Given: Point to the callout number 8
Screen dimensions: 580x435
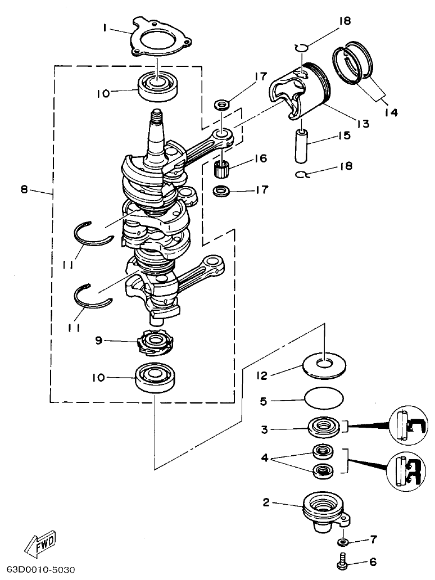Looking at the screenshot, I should pyautogui.click(x=24, y=189).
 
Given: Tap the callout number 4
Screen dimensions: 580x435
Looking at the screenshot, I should pyautogui.click(x=266, y=459).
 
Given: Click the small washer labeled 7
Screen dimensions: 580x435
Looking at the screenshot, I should pyautogui.click(x=343, y=542).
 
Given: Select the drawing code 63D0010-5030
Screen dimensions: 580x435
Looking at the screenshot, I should pyautogui.click(x=38, y=569).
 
